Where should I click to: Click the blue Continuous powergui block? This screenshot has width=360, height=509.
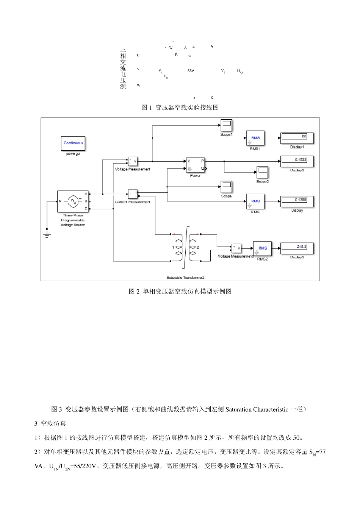coord(73,144)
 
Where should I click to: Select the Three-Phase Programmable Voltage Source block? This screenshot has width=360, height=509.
coord(73,202)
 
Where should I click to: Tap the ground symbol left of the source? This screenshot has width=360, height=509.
coord(47,235)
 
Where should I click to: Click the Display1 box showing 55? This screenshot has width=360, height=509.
coord(297,138)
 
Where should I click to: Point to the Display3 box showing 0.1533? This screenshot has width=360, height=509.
coord(297,161)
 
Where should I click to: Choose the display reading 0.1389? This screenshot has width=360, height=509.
coord(297,201)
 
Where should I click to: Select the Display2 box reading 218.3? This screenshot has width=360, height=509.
coord(297,248)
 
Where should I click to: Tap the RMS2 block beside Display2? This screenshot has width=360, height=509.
coord(263,248)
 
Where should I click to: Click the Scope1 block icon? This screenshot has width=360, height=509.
coord(226,125)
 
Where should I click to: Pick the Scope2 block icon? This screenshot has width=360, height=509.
coord(262,173)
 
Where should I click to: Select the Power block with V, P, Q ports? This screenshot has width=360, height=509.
coord(195,165)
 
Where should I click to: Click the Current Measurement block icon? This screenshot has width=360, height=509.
coord(133,194)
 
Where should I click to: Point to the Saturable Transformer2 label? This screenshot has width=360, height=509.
coord(185,278)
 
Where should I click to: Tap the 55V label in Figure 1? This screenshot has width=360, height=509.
coord(191,71)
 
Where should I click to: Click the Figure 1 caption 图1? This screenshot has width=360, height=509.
coord(146,108)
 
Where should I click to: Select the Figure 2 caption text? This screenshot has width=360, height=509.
coord(180,291)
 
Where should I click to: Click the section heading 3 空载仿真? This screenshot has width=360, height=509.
coord(50,423)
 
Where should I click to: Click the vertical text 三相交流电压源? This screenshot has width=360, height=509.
coord(123,68)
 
